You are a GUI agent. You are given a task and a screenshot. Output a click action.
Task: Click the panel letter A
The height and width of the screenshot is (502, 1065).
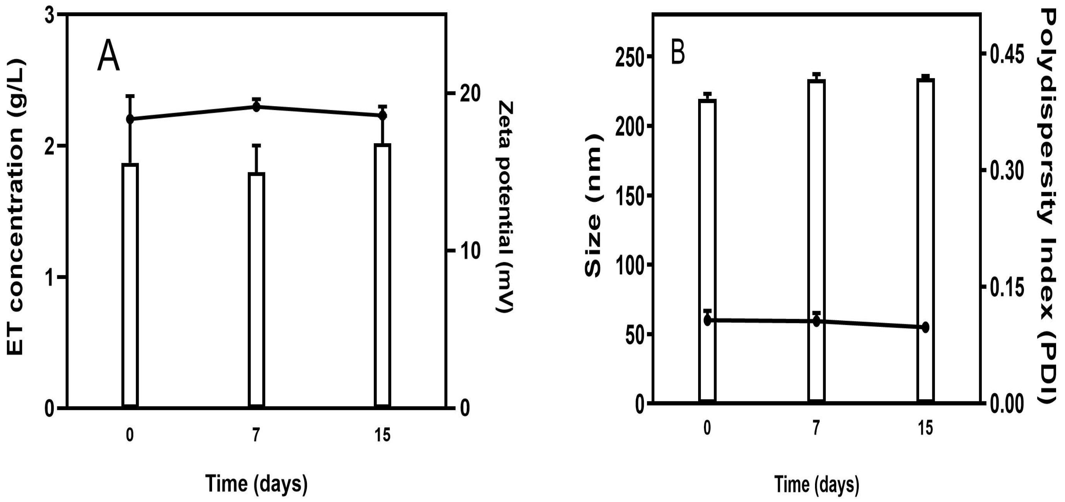pos(108,59)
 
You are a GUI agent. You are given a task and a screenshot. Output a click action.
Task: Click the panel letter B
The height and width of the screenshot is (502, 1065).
pos(678,53)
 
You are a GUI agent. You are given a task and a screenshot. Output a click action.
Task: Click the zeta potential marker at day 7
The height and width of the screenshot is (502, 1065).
pos(256,107)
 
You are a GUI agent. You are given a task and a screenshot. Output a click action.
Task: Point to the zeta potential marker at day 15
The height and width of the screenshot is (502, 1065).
pos(383,115)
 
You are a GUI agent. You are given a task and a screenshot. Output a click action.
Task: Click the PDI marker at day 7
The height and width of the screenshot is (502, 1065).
pos(817,321)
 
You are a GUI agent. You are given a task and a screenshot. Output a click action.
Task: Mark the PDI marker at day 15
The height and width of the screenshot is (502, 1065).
pos(926,327)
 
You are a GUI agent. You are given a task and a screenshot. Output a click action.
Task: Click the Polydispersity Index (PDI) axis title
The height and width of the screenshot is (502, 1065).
pos(1051,207)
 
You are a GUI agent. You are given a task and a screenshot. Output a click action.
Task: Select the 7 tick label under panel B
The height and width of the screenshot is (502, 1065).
pos(816,428)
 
